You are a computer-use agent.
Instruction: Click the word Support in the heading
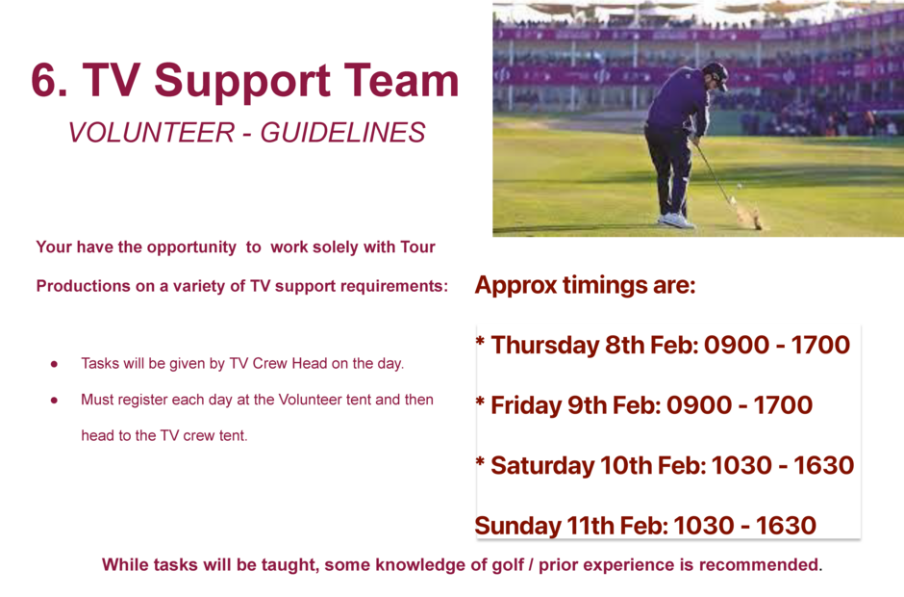coord(242,83)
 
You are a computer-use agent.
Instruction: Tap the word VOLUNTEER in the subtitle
coord(152,132)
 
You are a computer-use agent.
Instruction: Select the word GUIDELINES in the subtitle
coord(342,132)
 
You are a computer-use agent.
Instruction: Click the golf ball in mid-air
coord(740,186)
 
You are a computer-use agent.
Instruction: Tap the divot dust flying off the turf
coord(749,217)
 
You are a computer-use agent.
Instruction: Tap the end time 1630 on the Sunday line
coord(786,526)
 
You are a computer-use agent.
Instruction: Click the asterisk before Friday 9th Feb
coord(480,402)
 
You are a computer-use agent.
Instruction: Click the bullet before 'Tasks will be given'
coord(54,364)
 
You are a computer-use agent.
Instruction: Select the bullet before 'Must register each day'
coord(54,400)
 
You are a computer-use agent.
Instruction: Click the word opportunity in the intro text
coord(191,247)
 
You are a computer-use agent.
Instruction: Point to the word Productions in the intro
coord(83,286)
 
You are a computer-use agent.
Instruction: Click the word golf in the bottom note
coord(509,565)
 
